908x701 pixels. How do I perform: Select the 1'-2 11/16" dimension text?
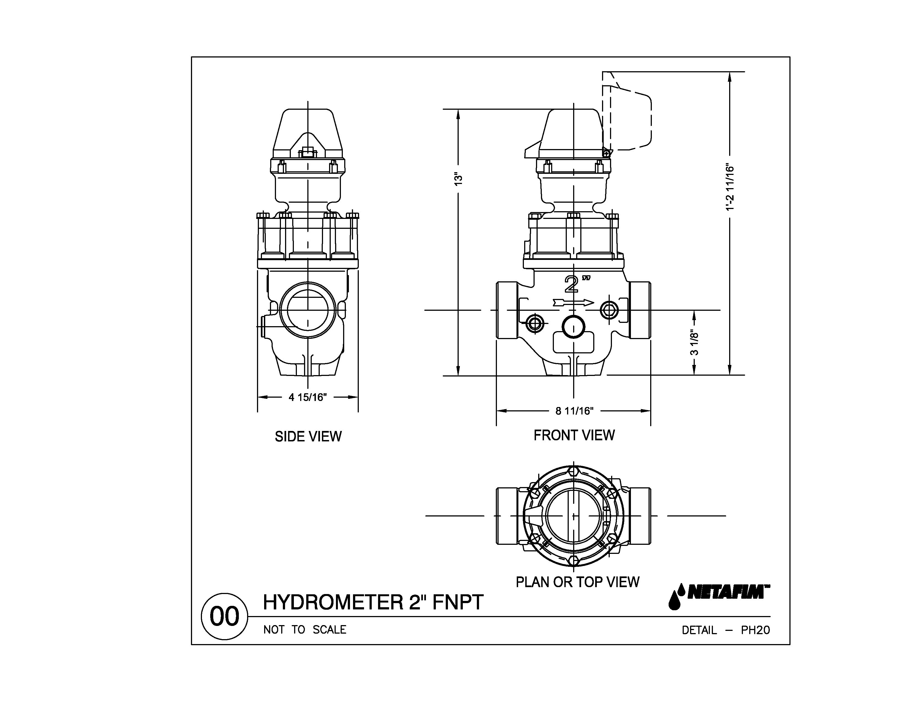[730, 188]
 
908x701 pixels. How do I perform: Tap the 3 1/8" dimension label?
[694, 343]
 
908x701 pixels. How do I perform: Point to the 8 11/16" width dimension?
[574, 411]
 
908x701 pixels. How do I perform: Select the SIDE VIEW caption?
[308, 437]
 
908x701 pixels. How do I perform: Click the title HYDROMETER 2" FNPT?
[373, 602]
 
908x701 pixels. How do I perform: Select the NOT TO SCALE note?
[305, 630]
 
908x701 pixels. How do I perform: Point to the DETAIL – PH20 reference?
[726, 630]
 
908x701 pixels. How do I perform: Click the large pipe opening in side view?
[307, 310]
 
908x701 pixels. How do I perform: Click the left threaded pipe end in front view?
[506, 310]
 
